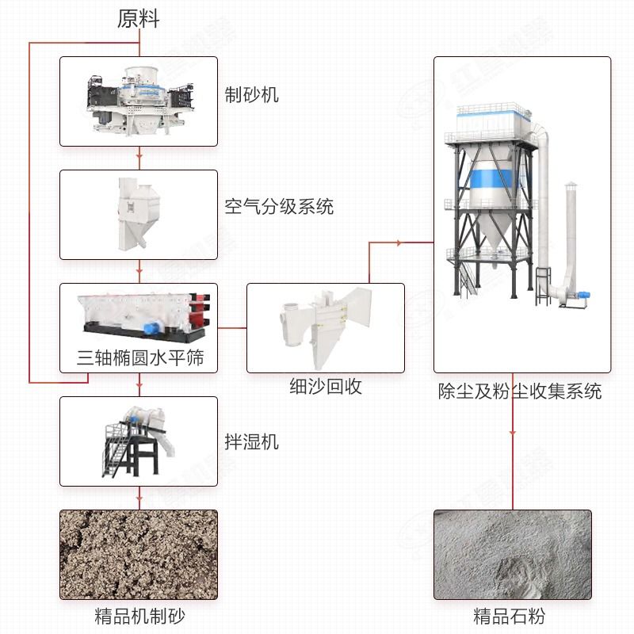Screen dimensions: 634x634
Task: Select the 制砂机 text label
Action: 251,95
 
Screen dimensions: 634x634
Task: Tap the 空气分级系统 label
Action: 279,208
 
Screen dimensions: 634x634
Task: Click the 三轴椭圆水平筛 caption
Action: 140,358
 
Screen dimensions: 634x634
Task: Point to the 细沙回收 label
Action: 326,388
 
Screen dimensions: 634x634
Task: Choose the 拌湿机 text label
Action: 251,441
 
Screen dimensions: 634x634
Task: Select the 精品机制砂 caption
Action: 139,616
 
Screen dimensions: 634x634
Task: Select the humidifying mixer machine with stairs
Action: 135,440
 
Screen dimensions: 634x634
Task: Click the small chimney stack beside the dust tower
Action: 571,238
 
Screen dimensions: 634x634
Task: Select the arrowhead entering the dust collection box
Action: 430,243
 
